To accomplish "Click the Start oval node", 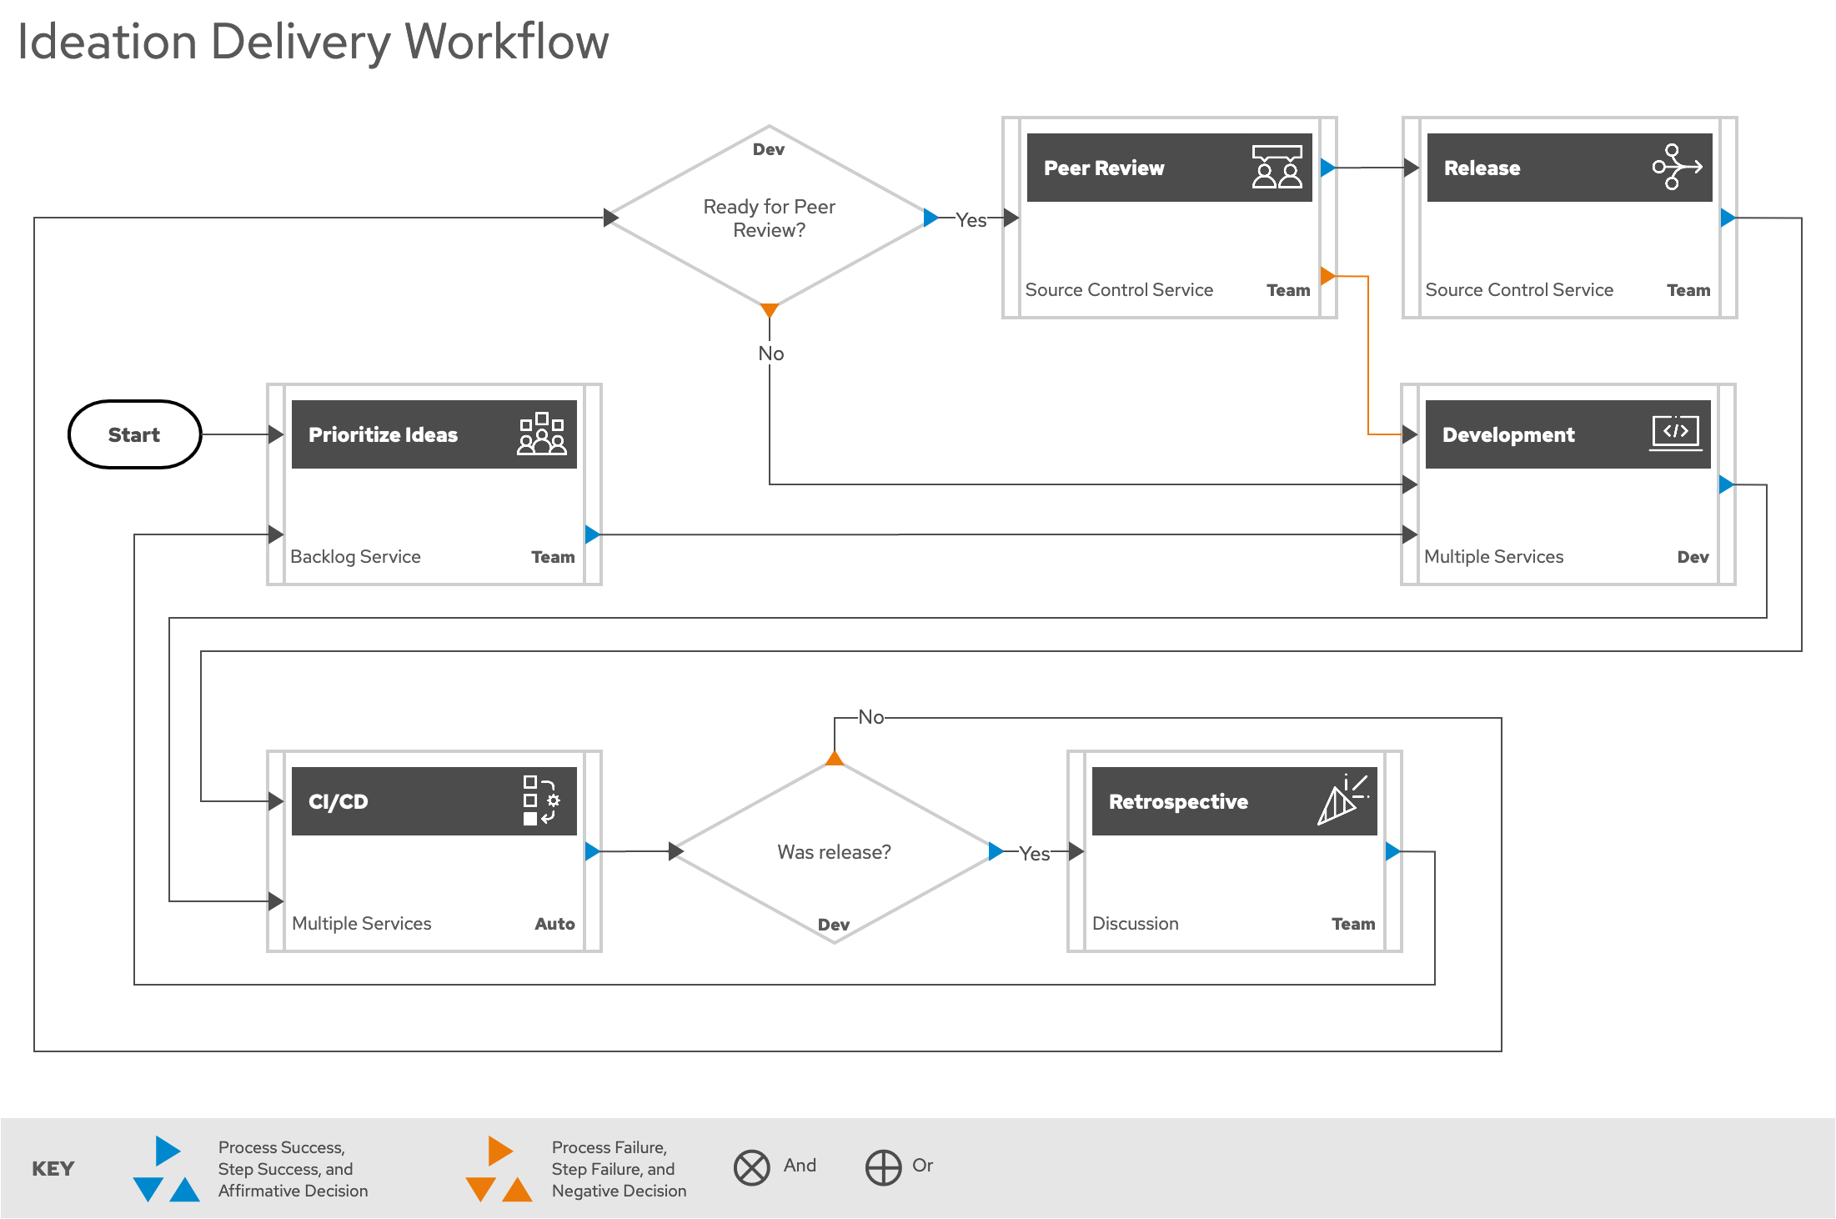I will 134,434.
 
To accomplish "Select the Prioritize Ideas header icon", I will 542,434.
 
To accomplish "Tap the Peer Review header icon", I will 1277,167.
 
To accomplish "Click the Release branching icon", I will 1676,167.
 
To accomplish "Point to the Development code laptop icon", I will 1675,434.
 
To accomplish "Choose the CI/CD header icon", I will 541,800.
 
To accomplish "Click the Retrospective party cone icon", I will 1342,800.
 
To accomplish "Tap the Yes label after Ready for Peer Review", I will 971,220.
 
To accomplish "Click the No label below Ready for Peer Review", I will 770,354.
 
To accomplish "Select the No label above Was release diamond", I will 871,717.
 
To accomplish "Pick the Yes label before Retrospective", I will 1034,854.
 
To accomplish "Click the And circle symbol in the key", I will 751,1167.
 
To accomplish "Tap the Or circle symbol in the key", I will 883,1167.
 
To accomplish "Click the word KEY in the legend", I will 53,1169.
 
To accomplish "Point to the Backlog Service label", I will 355,557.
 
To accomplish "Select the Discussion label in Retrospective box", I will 1135,924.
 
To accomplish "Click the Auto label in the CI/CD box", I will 554,924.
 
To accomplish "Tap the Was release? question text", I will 834,852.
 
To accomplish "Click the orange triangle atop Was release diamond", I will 835,758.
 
